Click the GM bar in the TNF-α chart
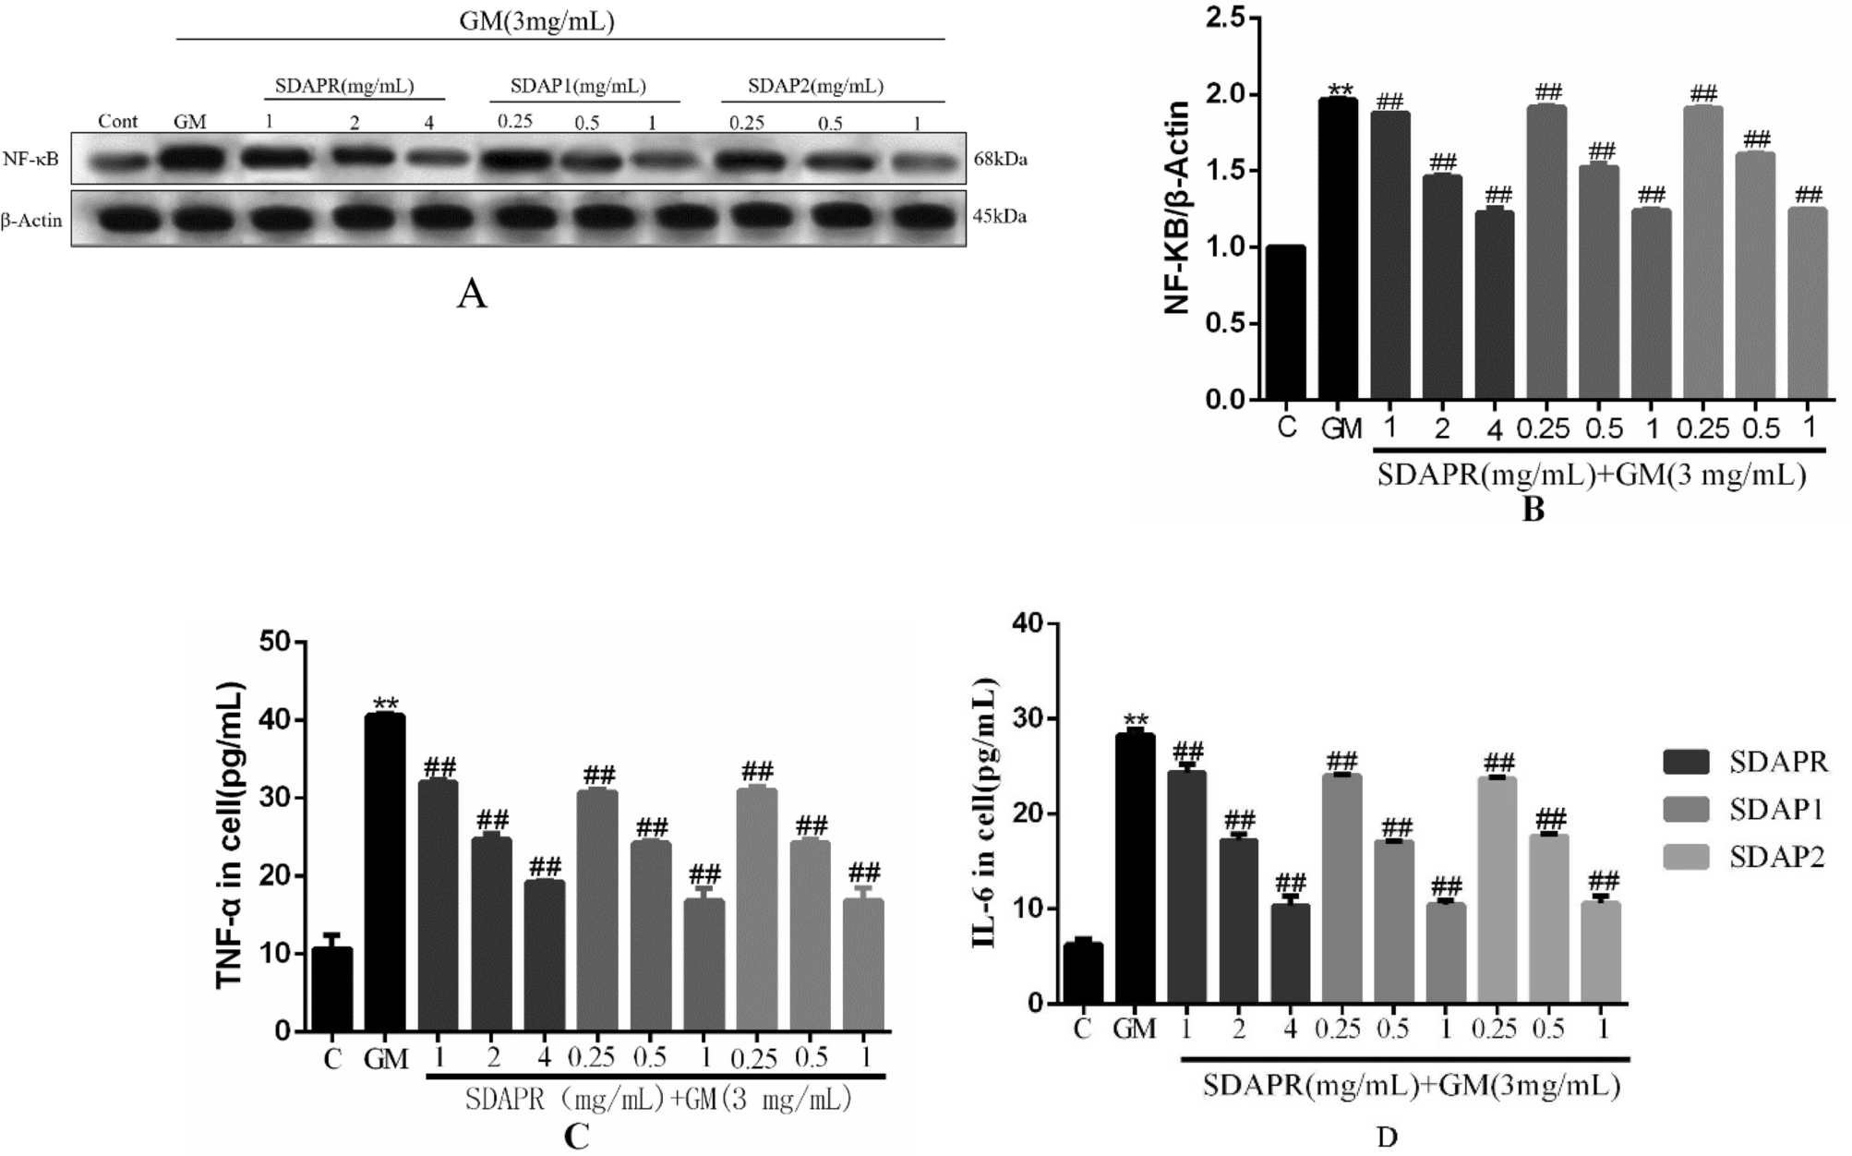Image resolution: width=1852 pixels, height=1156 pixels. pyautogui.click(x=385, y=873)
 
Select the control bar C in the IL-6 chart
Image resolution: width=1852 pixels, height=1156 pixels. pyautogui.click(x=1083, y=973)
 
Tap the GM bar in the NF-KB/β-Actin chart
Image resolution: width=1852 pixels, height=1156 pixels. pyautogui.click(x=1338, y=249)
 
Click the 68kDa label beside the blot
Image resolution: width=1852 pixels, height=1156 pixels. pyautogui.click(x=1000, y=159)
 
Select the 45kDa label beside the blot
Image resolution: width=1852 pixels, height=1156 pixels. pyautogui.click(x=1000, y=217)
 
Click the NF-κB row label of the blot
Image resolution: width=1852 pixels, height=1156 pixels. pyautogui.click(x=30, y=159)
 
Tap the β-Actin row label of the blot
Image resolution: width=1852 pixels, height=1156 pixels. pyautogui.click(x=31, y=221)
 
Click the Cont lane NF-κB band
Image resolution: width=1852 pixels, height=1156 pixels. pyautogui.click(x=117, y=162)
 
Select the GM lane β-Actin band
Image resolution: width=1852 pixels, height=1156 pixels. pyautogui.click(x=190, y=220)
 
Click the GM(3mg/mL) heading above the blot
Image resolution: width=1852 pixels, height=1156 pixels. pyautogui.click(x=536, y=21)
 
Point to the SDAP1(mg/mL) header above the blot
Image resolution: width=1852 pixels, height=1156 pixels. pyautogui.click(x=579, y=87)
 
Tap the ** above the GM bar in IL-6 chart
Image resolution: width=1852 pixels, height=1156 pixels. pyautogui.click(x=1135, y=721)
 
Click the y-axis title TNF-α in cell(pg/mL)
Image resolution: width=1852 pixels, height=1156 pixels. pyautogui.click(x=230, y=836)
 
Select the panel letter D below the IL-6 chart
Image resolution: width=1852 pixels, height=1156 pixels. pyautogui.click(x=1387, y=1138)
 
